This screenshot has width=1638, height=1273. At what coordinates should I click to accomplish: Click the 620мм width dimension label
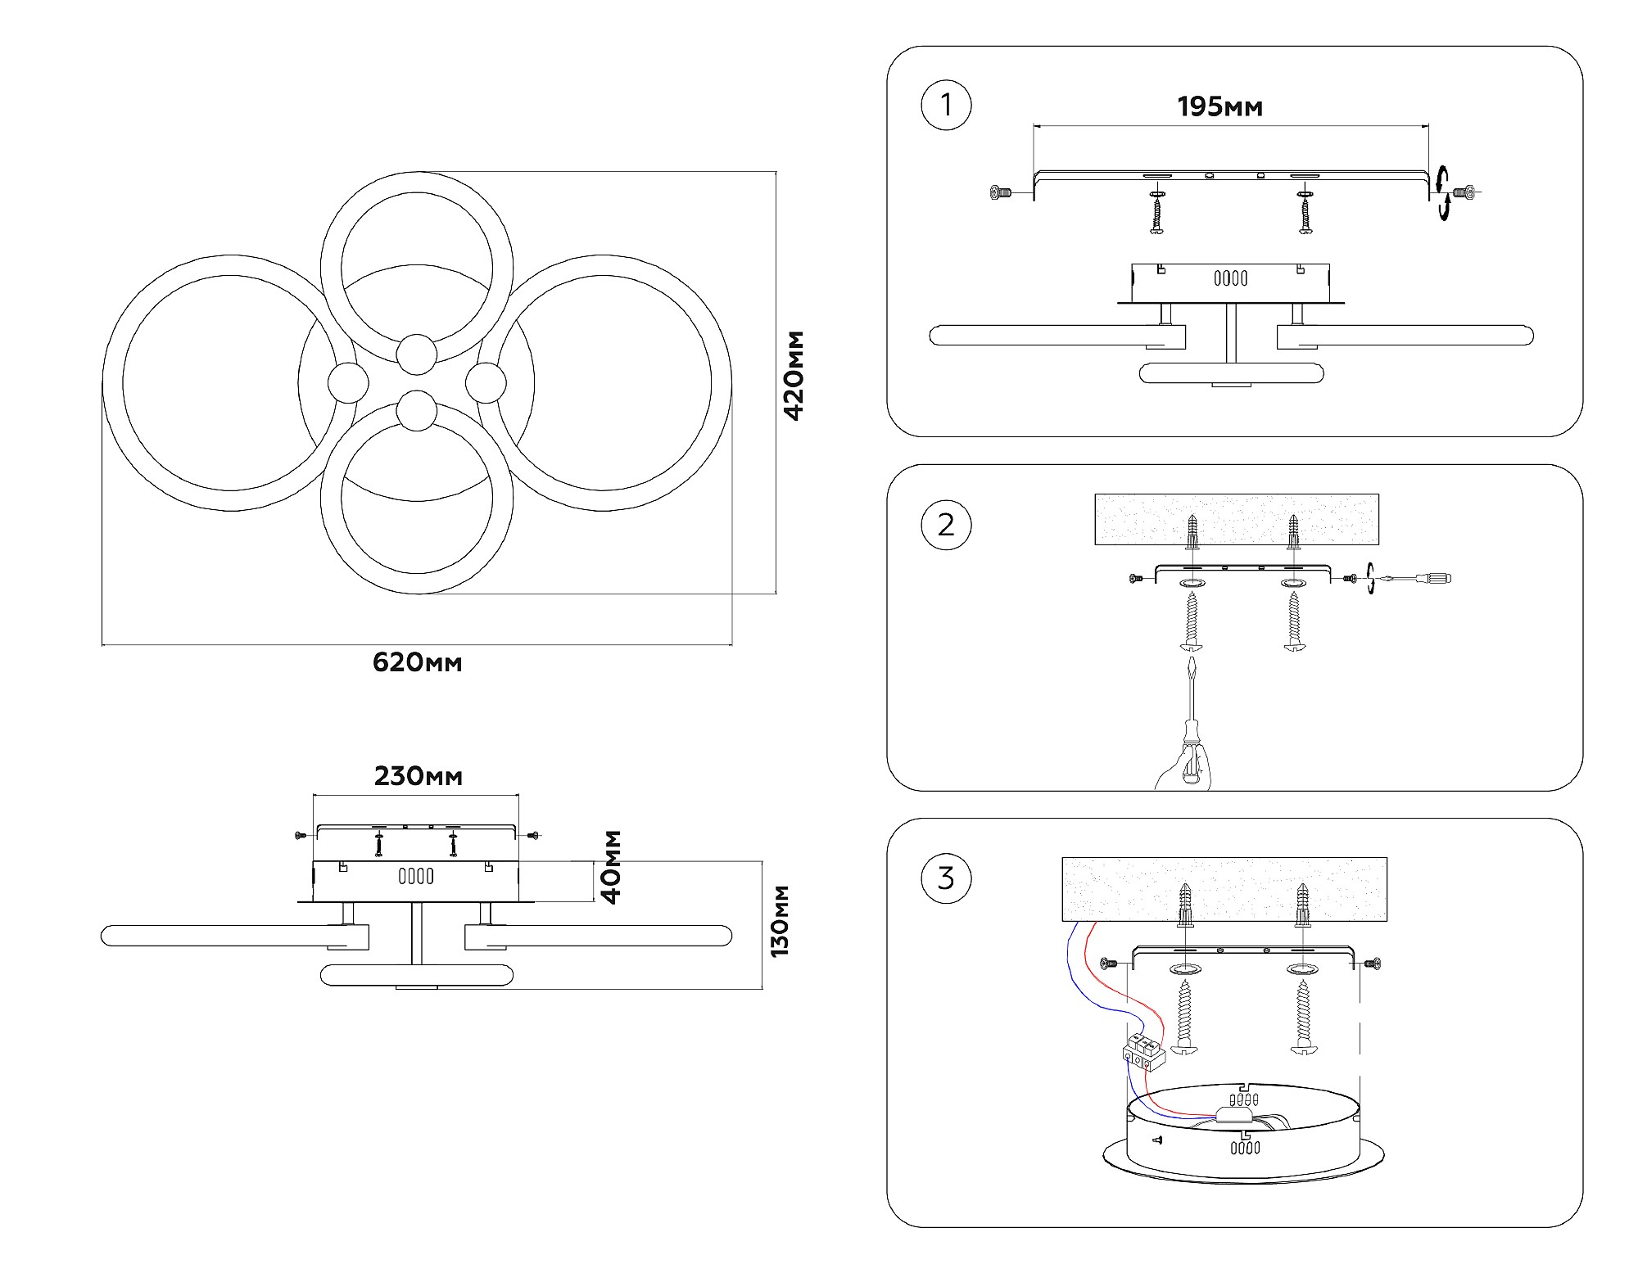(417, 662)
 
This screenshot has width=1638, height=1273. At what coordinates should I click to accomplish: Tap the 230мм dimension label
(418, 776)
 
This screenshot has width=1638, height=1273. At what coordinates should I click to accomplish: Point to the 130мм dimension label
(780, 921)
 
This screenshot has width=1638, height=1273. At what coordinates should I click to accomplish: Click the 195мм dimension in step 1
(1219, 107)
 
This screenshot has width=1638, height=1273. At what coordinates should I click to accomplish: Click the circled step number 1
(946, 106)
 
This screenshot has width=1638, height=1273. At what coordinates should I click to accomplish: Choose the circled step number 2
(946, 525)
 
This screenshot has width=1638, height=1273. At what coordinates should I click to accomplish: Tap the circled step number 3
(946, 878)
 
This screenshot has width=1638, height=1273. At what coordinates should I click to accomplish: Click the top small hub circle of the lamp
(417, 354)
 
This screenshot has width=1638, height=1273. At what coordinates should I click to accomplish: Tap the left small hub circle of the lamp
(348, 383)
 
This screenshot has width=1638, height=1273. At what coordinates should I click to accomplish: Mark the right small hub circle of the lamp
(486, 383)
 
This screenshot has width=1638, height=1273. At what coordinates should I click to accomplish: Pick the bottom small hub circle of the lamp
(417, 411)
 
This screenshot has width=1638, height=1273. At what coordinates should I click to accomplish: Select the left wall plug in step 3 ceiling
(1184, 905)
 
